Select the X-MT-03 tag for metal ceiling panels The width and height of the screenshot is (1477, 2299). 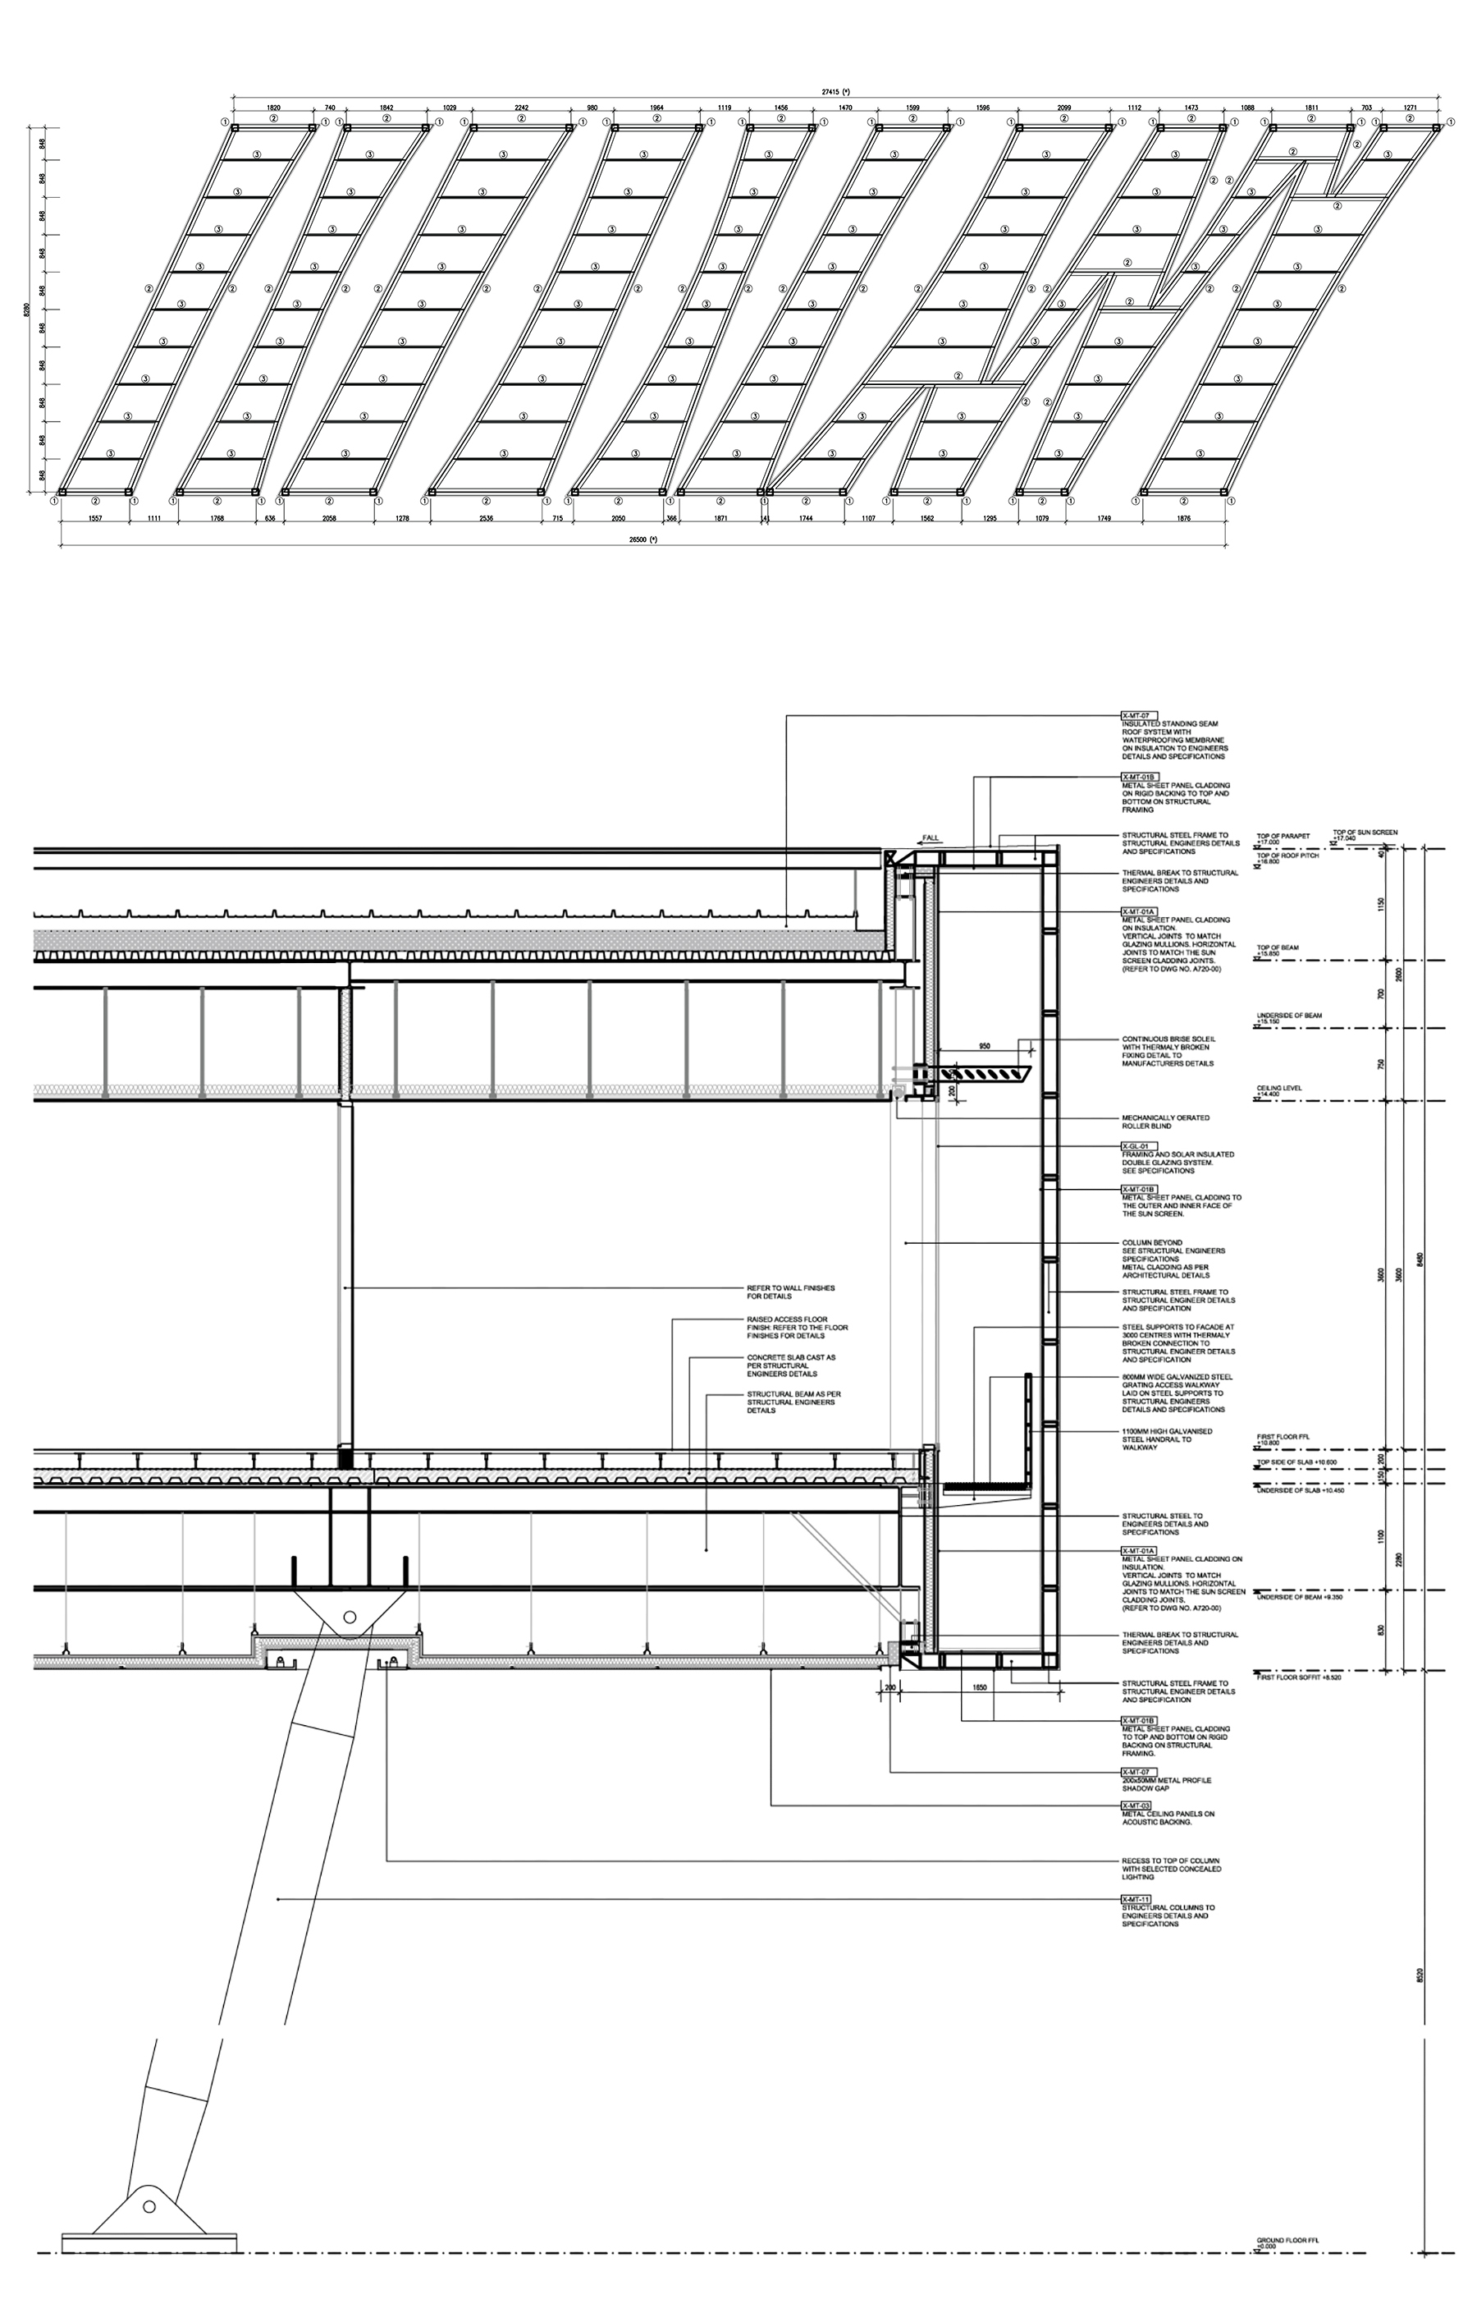tap(1136, 1805)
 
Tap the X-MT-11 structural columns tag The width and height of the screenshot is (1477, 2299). tap(1136, 1899)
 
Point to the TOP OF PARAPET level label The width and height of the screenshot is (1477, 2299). tap(1283, 837)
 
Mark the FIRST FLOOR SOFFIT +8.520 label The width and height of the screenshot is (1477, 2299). tap(1296, 1678)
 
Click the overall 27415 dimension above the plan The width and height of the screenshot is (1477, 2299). tap(835, 91)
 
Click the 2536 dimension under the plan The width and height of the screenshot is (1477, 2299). tap(487, 518)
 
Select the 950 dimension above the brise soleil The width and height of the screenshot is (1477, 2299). tap(984, 1045)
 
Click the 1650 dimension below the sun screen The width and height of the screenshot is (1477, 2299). tap(979, 1686)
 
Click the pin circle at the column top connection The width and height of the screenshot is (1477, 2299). tap(349, 1617)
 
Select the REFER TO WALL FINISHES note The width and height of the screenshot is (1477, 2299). tap(790, 1292)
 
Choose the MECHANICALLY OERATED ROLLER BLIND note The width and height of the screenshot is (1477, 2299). tap(1165, 1122)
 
